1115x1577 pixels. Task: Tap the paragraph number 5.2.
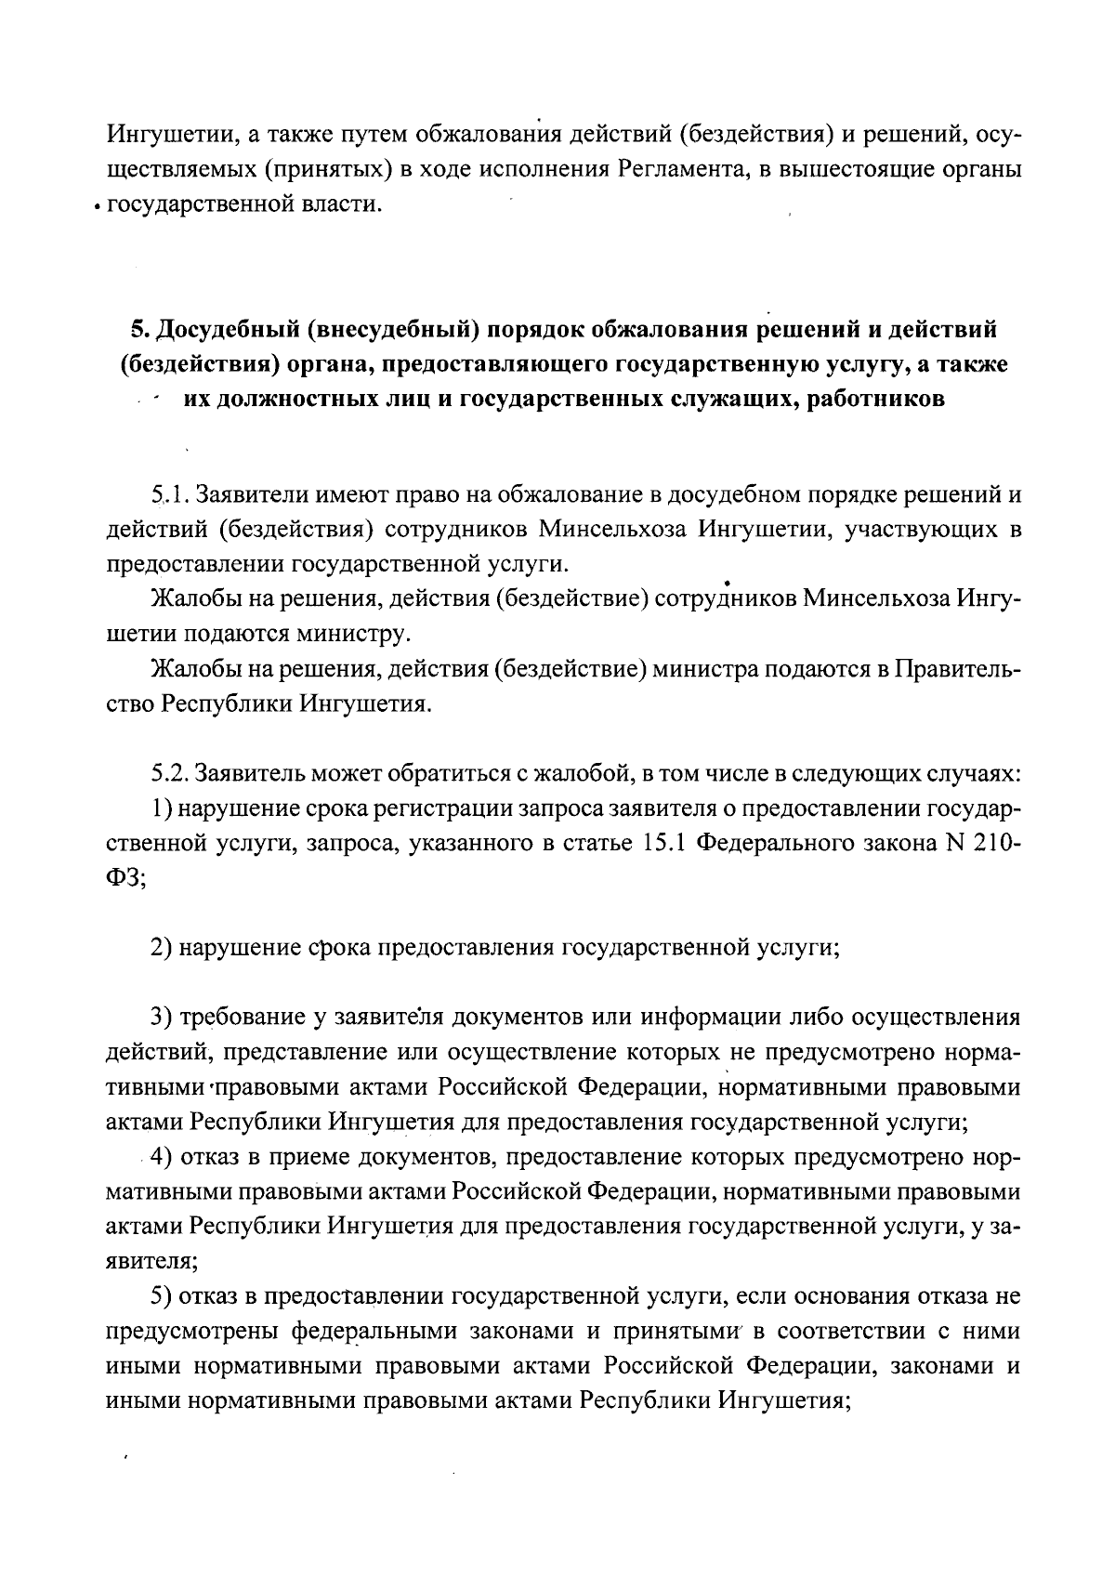click(171, 773)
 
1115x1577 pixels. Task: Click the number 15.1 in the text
click(662, 844)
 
